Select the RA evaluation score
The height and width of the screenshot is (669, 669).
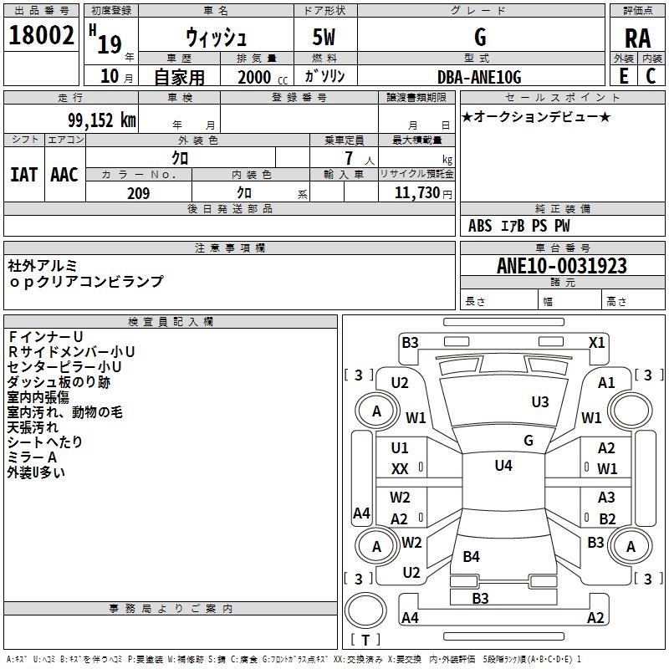[637, 38]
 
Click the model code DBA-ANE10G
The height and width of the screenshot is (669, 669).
[479, 77]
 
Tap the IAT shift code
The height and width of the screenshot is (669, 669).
[23, 174]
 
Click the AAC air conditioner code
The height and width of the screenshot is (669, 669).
[64, 174]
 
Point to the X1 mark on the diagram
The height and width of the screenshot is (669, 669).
[596, 342]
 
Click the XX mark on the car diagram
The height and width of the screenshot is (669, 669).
[400, 469]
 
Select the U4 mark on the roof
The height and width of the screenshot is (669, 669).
[503, 466]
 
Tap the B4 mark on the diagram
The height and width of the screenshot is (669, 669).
[472, 556]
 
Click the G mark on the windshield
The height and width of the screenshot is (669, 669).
[529, 440]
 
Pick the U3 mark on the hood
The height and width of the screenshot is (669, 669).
[539, 402]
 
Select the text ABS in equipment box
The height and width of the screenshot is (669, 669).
[480, 226]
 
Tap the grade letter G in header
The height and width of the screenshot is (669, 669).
[479, 38]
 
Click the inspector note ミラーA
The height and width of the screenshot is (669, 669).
[32, 457]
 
